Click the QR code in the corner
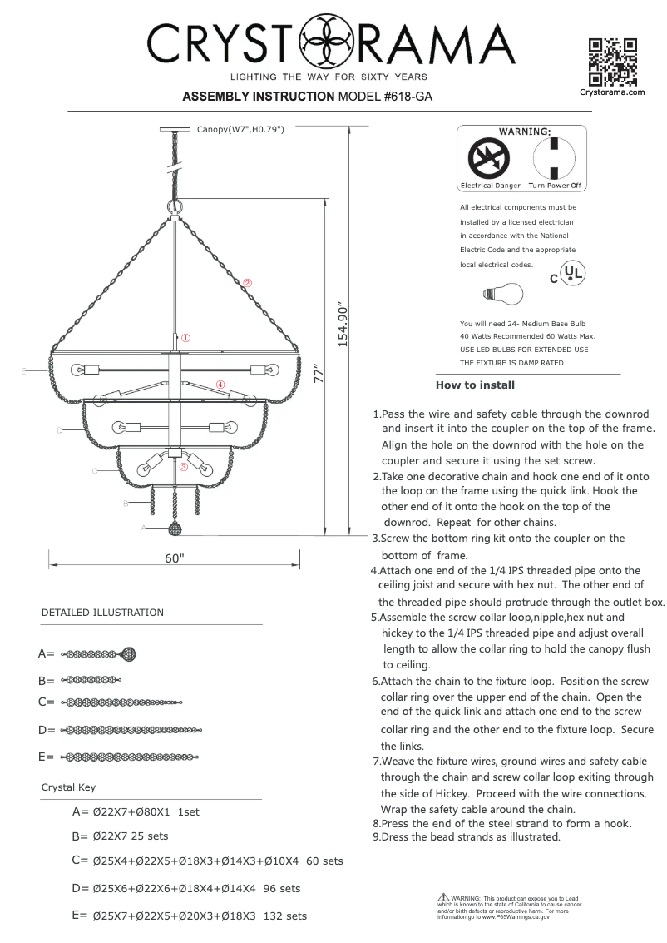point(612,62)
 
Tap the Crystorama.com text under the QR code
point(612,92)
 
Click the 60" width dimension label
point(173,559)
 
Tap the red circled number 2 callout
point(247,283)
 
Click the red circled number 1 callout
point(186,339)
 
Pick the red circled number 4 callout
point(220,385)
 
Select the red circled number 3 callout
point(184,467)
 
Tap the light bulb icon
point(504,294)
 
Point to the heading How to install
point(475,385)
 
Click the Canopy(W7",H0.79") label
point(241,130)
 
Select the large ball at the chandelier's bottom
point(175,529)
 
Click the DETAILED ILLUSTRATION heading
point(102,613)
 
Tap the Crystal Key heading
point(68,787)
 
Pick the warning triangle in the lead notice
point(443,898)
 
